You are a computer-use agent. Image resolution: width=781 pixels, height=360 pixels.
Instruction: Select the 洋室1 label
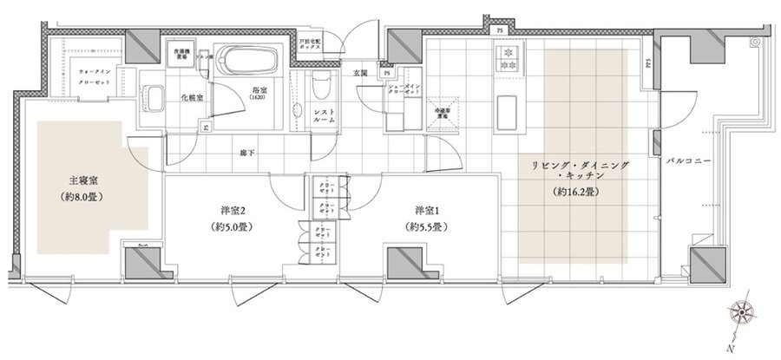pyautogui.click(x=424, y=210)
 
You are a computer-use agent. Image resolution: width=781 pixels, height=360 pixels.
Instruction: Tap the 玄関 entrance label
pyautogui.click(x=362, y=74)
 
